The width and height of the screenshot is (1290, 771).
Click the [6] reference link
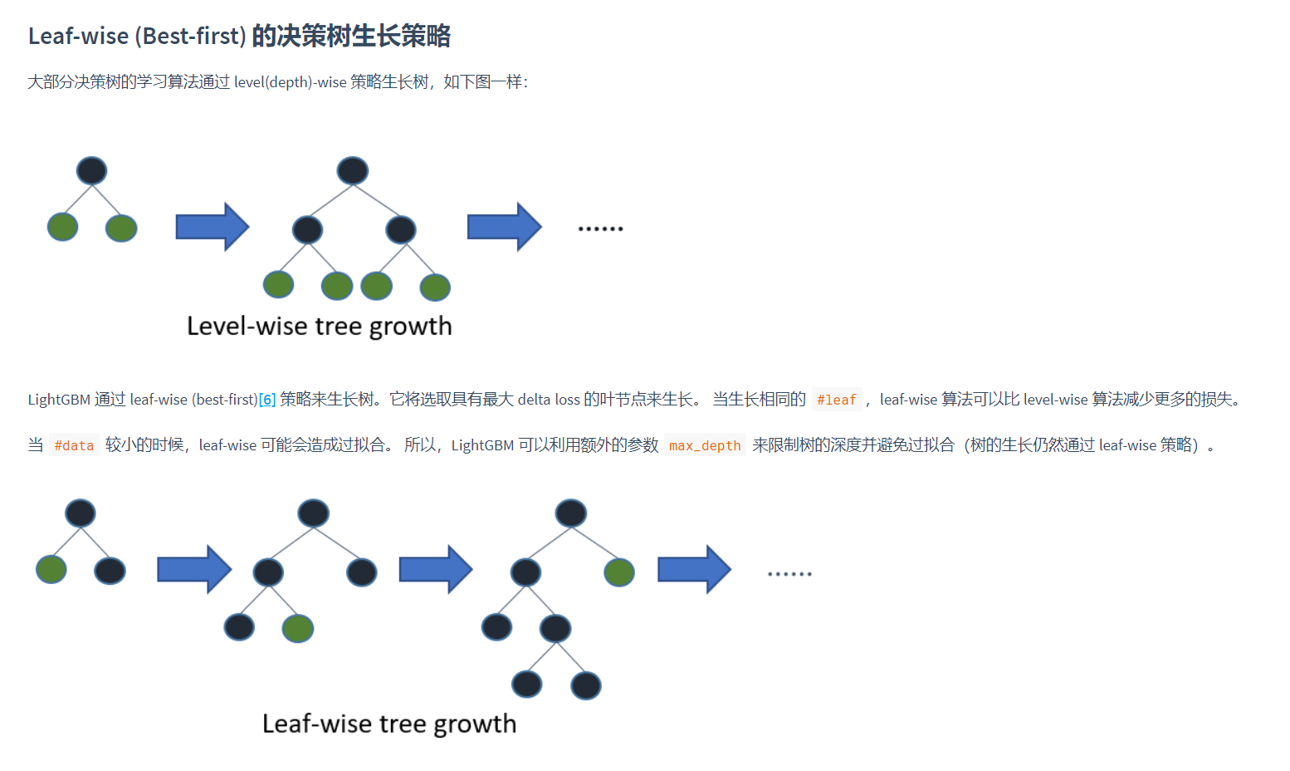pyautogui.click(x=267, y=400)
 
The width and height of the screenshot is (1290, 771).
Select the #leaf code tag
pyautogui.click(x=836, y=400)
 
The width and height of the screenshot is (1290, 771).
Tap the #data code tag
pyautogui.click(x=74, y=445)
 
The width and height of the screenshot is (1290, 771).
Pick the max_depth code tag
pyautogui.click(x=705, y=445)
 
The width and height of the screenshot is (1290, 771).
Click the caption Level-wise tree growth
pyautogui.click(x=320, y=326)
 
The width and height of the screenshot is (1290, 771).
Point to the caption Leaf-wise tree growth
pyautogui.click(x=389, y=724)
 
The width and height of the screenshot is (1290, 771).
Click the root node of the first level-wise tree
pyautogui.click(x=91, y=170)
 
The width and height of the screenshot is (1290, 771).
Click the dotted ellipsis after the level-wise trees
pyautogui.click(x=600, y=228)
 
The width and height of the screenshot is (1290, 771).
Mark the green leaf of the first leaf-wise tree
pyautogui.click(x=51, y=570)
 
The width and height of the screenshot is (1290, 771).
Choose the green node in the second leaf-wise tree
pyautogui.click(x=297, y=628)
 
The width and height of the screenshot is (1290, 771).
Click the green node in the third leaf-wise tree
pyautogui.click(x=619, y=572)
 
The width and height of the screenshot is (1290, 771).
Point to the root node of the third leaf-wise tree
pyautogui.click(x=571, y=513)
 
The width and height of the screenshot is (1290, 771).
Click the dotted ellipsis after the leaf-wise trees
pyautogui.click(x=789, y=574)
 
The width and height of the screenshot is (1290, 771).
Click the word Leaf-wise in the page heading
pyautogui.click(x=78, y=36)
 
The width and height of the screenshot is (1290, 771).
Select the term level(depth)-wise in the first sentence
pyautogui.click(x=290, y=82)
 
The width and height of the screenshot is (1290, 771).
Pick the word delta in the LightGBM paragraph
pyautogui.click(x=534, y=400)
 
